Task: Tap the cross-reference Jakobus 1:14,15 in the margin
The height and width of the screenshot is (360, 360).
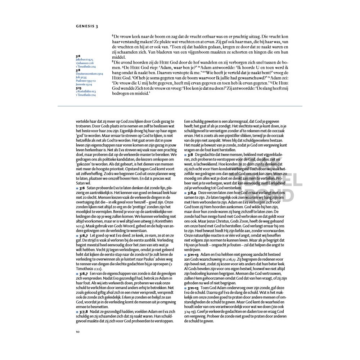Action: click(85, 59)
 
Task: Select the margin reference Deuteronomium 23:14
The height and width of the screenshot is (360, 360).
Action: click(89, 73)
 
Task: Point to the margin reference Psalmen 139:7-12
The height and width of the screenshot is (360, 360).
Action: click(86, 81)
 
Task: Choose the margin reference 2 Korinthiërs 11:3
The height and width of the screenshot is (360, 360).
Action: click(86, 92)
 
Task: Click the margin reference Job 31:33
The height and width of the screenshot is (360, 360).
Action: click(81, 77)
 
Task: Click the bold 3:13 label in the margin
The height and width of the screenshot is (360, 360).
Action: click(78, 88)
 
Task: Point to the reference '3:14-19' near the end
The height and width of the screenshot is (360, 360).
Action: click(191, 310)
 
